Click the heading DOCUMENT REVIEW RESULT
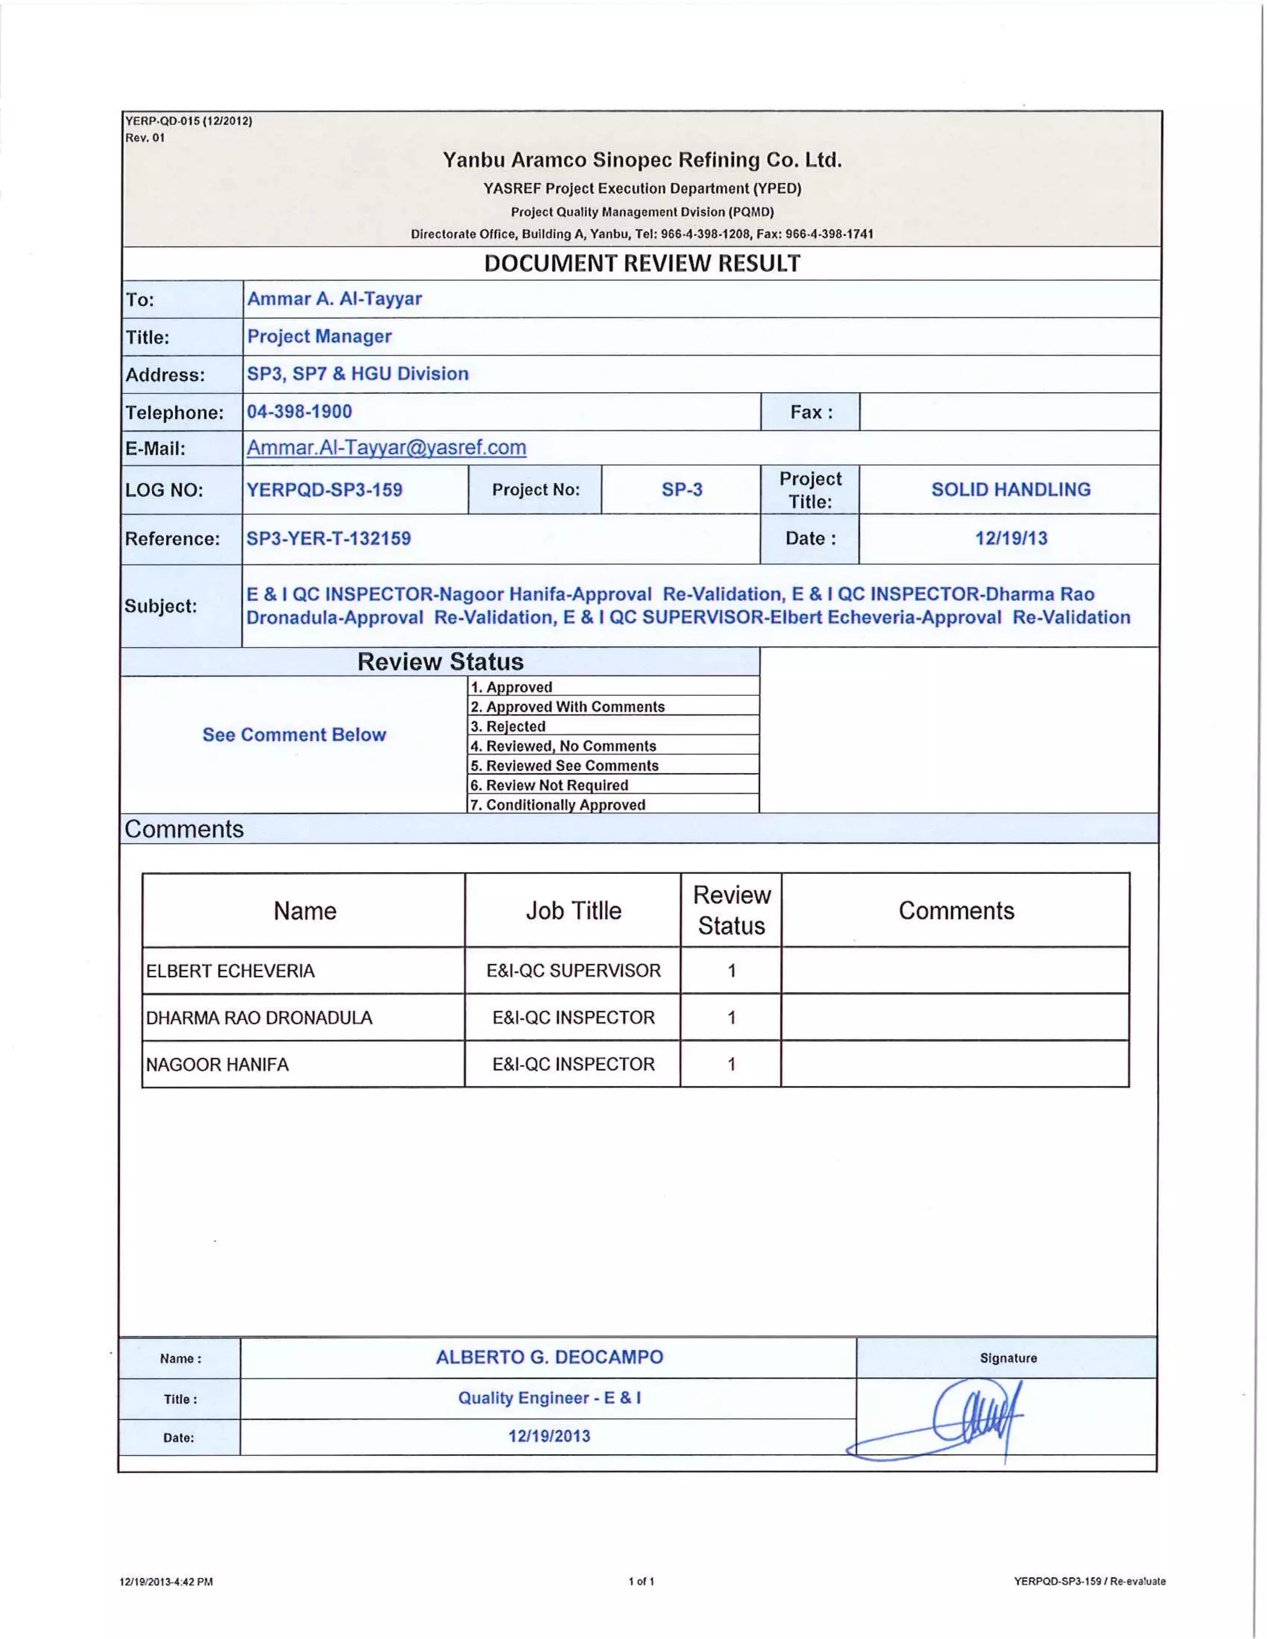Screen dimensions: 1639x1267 pos(642,263)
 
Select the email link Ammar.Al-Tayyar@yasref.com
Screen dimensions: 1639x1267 pos(387,448)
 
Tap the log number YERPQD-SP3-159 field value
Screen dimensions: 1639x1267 pos(324,490)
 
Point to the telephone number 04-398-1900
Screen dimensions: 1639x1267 pos(299,411)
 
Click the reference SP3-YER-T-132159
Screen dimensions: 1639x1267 pos(329,539)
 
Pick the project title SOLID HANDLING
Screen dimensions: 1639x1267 pos(1010,489)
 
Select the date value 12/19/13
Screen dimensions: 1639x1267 pos(1010,538)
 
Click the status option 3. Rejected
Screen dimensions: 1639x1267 pos(508,727)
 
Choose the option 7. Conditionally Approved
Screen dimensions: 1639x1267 pos(557,805)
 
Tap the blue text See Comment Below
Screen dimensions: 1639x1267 pos(294,735)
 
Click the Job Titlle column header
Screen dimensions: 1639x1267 pos(573,910)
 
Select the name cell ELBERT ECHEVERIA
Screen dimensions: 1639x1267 pos(230,971)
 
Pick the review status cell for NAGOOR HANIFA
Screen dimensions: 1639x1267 pos(731,1064)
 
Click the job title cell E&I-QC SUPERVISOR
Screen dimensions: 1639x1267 pos(573,971)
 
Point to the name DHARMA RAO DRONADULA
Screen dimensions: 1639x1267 pos(259,1017)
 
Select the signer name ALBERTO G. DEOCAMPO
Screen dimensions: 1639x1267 pos(549,1357)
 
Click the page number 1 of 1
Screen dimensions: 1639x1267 pos(641,1581)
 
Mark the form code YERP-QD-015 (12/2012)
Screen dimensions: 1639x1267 pos(189,121)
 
